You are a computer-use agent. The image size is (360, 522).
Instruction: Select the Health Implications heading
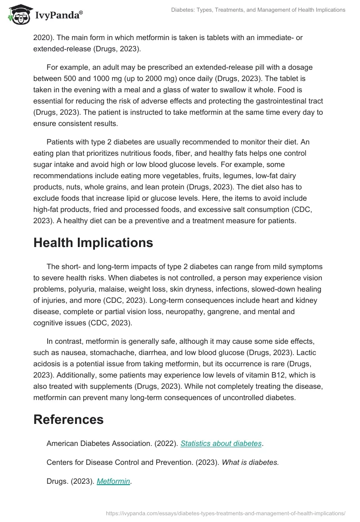(93, 243)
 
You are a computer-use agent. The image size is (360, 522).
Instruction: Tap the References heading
(68, 419)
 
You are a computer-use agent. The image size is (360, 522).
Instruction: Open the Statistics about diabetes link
(221, 443)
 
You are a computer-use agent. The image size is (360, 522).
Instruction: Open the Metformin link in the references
(113, 481)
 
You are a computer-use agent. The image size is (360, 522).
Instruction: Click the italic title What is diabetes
(250, 462)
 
